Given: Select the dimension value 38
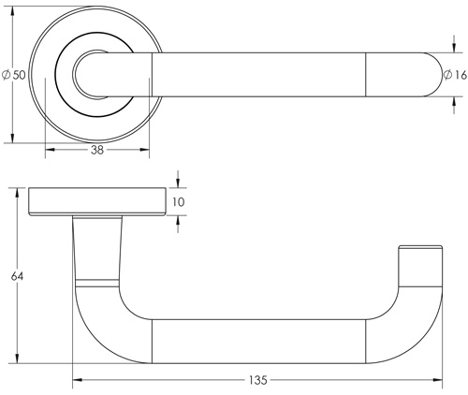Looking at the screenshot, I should [96, 149].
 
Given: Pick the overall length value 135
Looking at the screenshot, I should [257, 380].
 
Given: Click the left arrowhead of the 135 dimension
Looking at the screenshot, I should [77, 380].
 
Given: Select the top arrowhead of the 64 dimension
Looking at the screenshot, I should [17, 193].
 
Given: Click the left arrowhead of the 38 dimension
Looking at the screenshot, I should [48, 149].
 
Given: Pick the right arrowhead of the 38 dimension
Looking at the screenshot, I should [147, 149].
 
